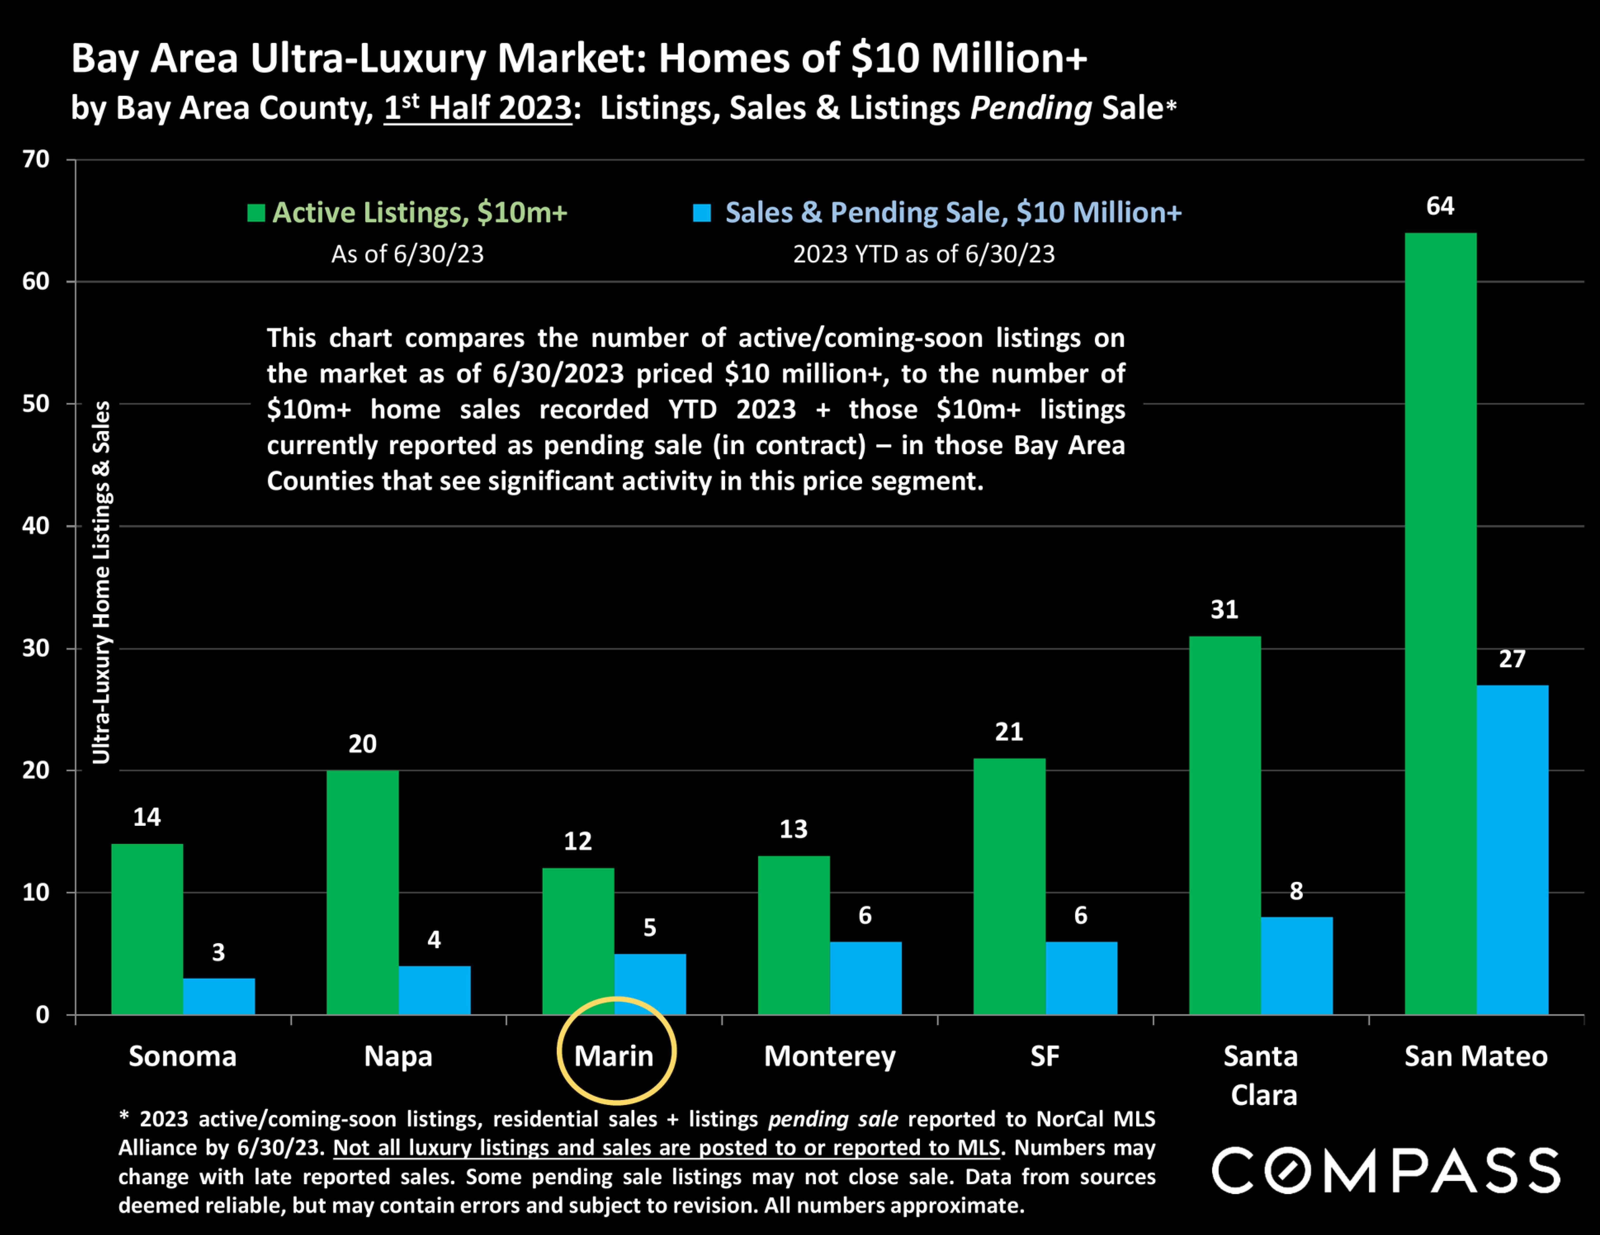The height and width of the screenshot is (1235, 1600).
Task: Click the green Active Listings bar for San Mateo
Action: click(x=1440, y=623)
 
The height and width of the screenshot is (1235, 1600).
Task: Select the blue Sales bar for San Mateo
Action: click(x=1512, y=850)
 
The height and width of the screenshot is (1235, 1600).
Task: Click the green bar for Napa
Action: click(x=363, y=892)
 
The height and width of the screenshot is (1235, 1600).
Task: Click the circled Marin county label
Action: click(x=614, y=1056)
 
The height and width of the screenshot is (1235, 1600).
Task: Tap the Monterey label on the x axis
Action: click(x=829, y=1056)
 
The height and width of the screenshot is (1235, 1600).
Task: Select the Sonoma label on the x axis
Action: click(x=183, y=1056)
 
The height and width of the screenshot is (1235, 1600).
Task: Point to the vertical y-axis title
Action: click(x=101, y=582)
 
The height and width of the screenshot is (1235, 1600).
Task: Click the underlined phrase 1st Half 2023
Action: click(x=478, y=108)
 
